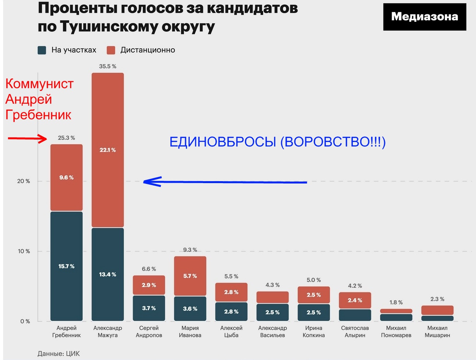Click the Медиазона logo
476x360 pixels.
point(424,17)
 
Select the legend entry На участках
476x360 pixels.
point(66,50)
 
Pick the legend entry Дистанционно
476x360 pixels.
point(141,50)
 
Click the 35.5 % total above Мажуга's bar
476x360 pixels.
point(107,66)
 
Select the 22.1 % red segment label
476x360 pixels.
point(107,150)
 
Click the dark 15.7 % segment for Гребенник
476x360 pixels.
point(66,266)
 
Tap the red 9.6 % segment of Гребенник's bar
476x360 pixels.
point(66,178)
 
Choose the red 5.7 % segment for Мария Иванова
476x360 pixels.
point(190,276)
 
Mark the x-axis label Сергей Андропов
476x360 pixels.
point(149,332)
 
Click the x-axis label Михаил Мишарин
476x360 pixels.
point(437,332)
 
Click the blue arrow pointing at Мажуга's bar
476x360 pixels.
point(226,182)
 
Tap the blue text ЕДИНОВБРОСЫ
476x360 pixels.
point(224,143)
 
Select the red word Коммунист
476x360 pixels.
point(39,84)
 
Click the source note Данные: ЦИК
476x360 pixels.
point(59,354)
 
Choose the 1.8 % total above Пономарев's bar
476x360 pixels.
point(396,302)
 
